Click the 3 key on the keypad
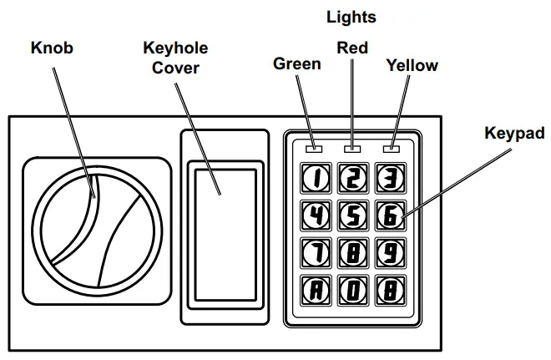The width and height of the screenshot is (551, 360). pyautogui.click(x=389, y=176)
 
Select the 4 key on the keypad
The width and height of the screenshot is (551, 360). pyautogui.click(x=316, y=215)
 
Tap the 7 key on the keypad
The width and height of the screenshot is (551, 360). pyautogui.click(x=316, y=252)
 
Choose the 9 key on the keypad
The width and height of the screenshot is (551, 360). pyautogui.click(x=389, y=252)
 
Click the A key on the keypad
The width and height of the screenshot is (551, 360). pyautogui.click(x=316, y=291)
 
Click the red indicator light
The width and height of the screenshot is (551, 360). pyautogui.click(x=352, y=150)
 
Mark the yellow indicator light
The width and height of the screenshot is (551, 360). pyautogui.click(x=390, y=150)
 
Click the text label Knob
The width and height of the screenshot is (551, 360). pyautogui.click(x=52, y=48)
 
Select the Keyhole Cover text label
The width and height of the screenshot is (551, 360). pyautogui.click(x=175, y=57)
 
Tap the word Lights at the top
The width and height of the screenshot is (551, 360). pyautogui.click(x=351, y=17)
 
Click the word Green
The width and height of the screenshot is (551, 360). pyautogui.click(x=297, y=64)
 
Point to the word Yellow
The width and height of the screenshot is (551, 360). pyautogui.click(x=412, y=65)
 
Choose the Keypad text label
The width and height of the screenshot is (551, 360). pyautogui.click(x=514, y=133)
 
